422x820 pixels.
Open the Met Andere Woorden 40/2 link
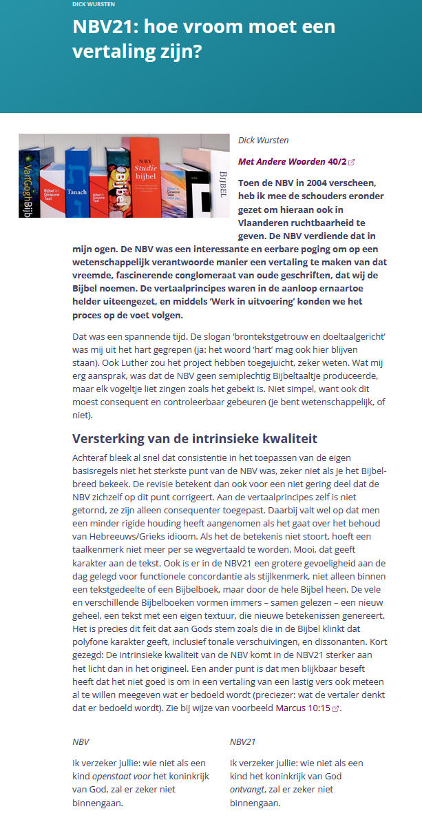point(293,162)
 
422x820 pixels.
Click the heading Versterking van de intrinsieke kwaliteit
point(195,438)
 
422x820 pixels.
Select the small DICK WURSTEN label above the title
point(94,4)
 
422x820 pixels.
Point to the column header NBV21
point(242,742)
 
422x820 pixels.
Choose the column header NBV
point(81,742)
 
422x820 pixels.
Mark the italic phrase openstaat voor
point(121,776)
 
